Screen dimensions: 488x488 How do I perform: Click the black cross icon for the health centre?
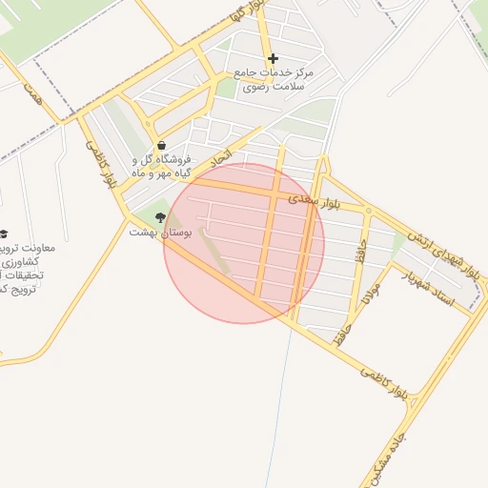click(x=274, y=59)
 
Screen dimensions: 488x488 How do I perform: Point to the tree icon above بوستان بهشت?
click(x=160, y=217)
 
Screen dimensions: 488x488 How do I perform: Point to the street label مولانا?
click(x=371, y=297)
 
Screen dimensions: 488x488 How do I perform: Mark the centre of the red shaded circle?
click(x=244, y=243)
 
